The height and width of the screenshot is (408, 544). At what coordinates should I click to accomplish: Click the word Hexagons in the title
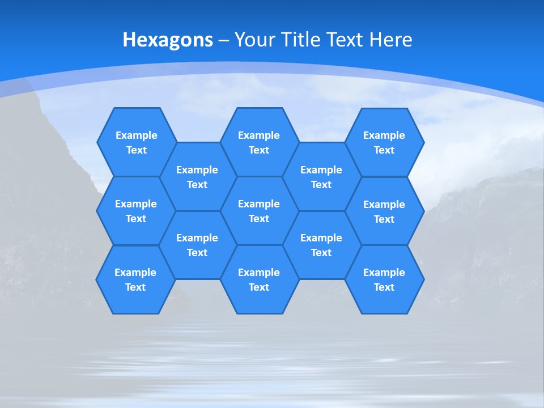[168, 40]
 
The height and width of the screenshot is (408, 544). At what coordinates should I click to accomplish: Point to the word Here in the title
[390, 40]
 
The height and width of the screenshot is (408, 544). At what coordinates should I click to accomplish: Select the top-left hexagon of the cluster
[136, 142]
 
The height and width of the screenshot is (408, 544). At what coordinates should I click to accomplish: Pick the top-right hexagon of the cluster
[384, 142]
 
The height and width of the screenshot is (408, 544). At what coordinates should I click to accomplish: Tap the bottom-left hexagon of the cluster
[135, 279]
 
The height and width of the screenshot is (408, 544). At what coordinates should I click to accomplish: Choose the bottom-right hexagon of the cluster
[384, 279]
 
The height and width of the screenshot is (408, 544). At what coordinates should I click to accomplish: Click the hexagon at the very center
[259, 211]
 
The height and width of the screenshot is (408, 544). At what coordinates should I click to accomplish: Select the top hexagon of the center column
[259, 142]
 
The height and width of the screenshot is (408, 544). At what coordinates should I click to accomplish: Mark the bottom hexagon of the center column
[259, 279]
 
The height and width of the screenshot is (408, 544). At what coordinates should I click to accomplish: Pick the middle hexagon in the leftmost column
[136, 211]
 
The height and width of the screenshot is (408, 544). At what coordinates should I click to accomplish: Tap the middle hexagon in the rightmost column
[384, 211]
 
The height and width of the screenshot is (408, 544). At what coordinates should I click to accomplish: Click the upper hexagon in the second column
[197, 177]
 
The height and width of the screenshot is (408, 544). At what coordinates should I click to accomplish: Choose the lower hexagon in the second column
[197, 245]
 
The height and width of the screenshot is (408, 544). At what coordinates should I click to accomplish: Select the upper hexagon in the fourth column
[321, 177]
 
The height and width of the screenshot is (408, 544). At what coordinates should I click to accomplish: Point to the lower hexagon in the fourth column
[321, 245]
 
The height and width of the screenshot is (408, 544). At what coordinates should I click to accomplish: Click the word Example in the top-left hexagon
[136, 135]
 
